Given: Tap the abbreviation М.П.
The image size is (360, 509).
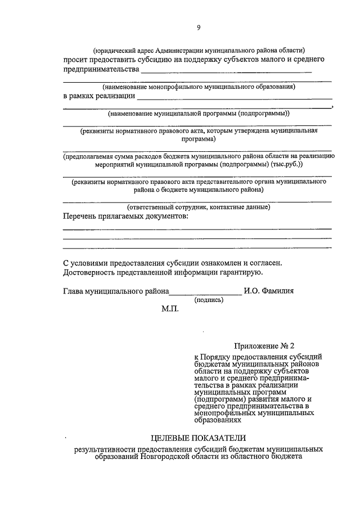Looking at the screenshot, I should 170,309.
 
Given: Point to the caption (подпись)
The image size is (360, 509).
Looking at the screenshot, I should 209,300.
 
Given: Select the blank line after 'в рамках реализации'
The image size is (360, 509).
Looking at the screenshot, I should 233,97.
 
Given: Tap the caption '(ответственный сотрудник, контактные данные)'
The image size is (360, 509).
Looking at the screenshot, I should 198,206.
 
